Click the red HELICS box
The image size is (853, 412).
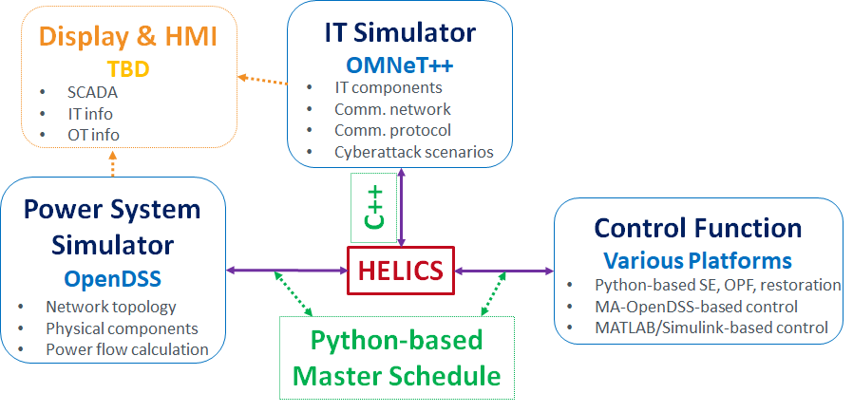coord(400,270)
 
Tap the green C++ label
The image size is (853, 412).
coord(374,207)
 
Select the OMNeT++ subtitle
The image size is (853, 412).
coord(400,64)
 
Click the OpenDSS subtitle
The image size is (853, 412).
coord(113,279)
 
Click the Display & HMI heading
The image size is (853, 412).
coord(128,38)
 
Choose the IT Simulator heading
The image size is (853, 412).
coord(400,32)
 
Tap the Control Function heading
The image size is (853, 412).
coord(698,228)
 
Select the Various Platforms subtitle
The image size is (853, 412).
coord(698,259)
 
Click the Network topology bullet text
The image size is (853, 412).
coord(111,307)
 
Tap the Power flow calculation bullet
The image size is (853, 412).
coord(126,348)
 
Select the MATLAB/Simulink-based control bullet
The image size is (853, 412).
coord(711,328)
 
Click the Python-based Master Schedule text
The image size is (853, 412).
coord(396,357)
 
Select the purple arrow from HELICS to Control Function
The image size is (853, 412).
coord(503,271)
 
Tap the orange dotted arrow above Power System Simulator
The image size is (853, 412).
coord(112,163)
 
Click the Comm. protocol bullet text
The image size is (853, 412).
coord(392,130)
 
